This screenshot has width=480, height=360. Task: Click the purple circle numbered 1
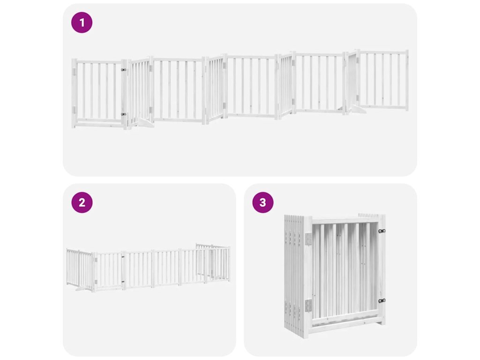(82, 22)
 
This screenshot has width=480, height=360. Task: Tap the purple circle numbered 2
(82, 202)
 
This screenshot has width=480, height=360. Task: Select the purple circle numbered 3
(262, 202)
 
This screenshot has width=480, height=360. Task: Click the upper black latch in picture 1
(124, 70)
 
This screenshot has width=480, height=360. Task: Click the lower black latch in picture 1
(124, 114)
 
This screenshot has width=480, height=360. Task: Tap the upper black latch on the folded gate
(382, 231)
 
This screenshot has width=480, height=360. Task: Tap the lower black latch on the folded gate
(382, 301)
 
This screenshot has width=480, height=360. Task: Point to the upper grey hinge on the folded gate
(308, 239)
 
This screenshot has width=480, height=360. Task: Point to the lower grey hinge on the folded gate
(308, 305)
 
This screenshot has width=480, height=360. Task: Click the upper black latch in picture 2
(123, 257)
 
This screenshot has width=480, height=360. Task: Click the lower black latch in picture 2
(123, 282)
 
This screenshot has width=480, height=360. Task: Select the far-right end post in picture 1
(407, 81)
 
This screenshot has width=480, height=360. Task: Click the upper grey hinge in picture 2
(96, 260)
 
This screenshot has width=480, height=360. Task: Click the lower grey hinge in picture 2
(96, 282)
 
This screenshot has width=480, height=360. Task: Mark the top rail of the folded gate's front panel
(345, 221)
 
